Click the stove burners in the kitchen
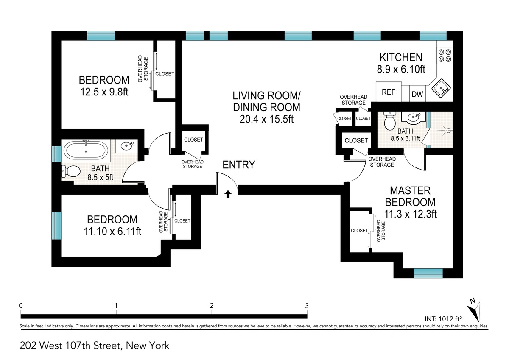(x=445, y=56)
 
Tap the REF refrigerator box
(x=389, y=92)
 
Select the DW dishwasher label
(x=417, y=94)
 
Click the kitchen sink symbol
(x=441, y=88)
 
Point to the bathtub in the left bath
(x=86, y=150)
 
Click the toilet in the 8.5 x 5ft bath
(x=71, y=171)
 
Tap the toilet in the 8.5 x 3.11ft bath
(x=390, y=120)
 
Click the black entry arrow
(x=228, y=194)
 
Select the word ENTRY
(x=238, y=165)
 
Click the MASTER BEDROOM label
(x=410, y=196)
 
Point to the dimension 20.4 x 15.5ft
(x=266, y=119)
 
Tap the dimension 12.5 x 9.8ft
(x=104, y=92)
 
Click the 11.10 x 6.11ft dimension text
(x=112, y=232)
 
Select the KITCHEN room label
(x=401, y=57)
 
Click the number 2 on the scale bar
(x=212, y=305)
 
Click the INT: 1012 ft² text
(x=443, y=319)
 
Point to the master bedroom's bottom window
(x=428, y=273)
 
